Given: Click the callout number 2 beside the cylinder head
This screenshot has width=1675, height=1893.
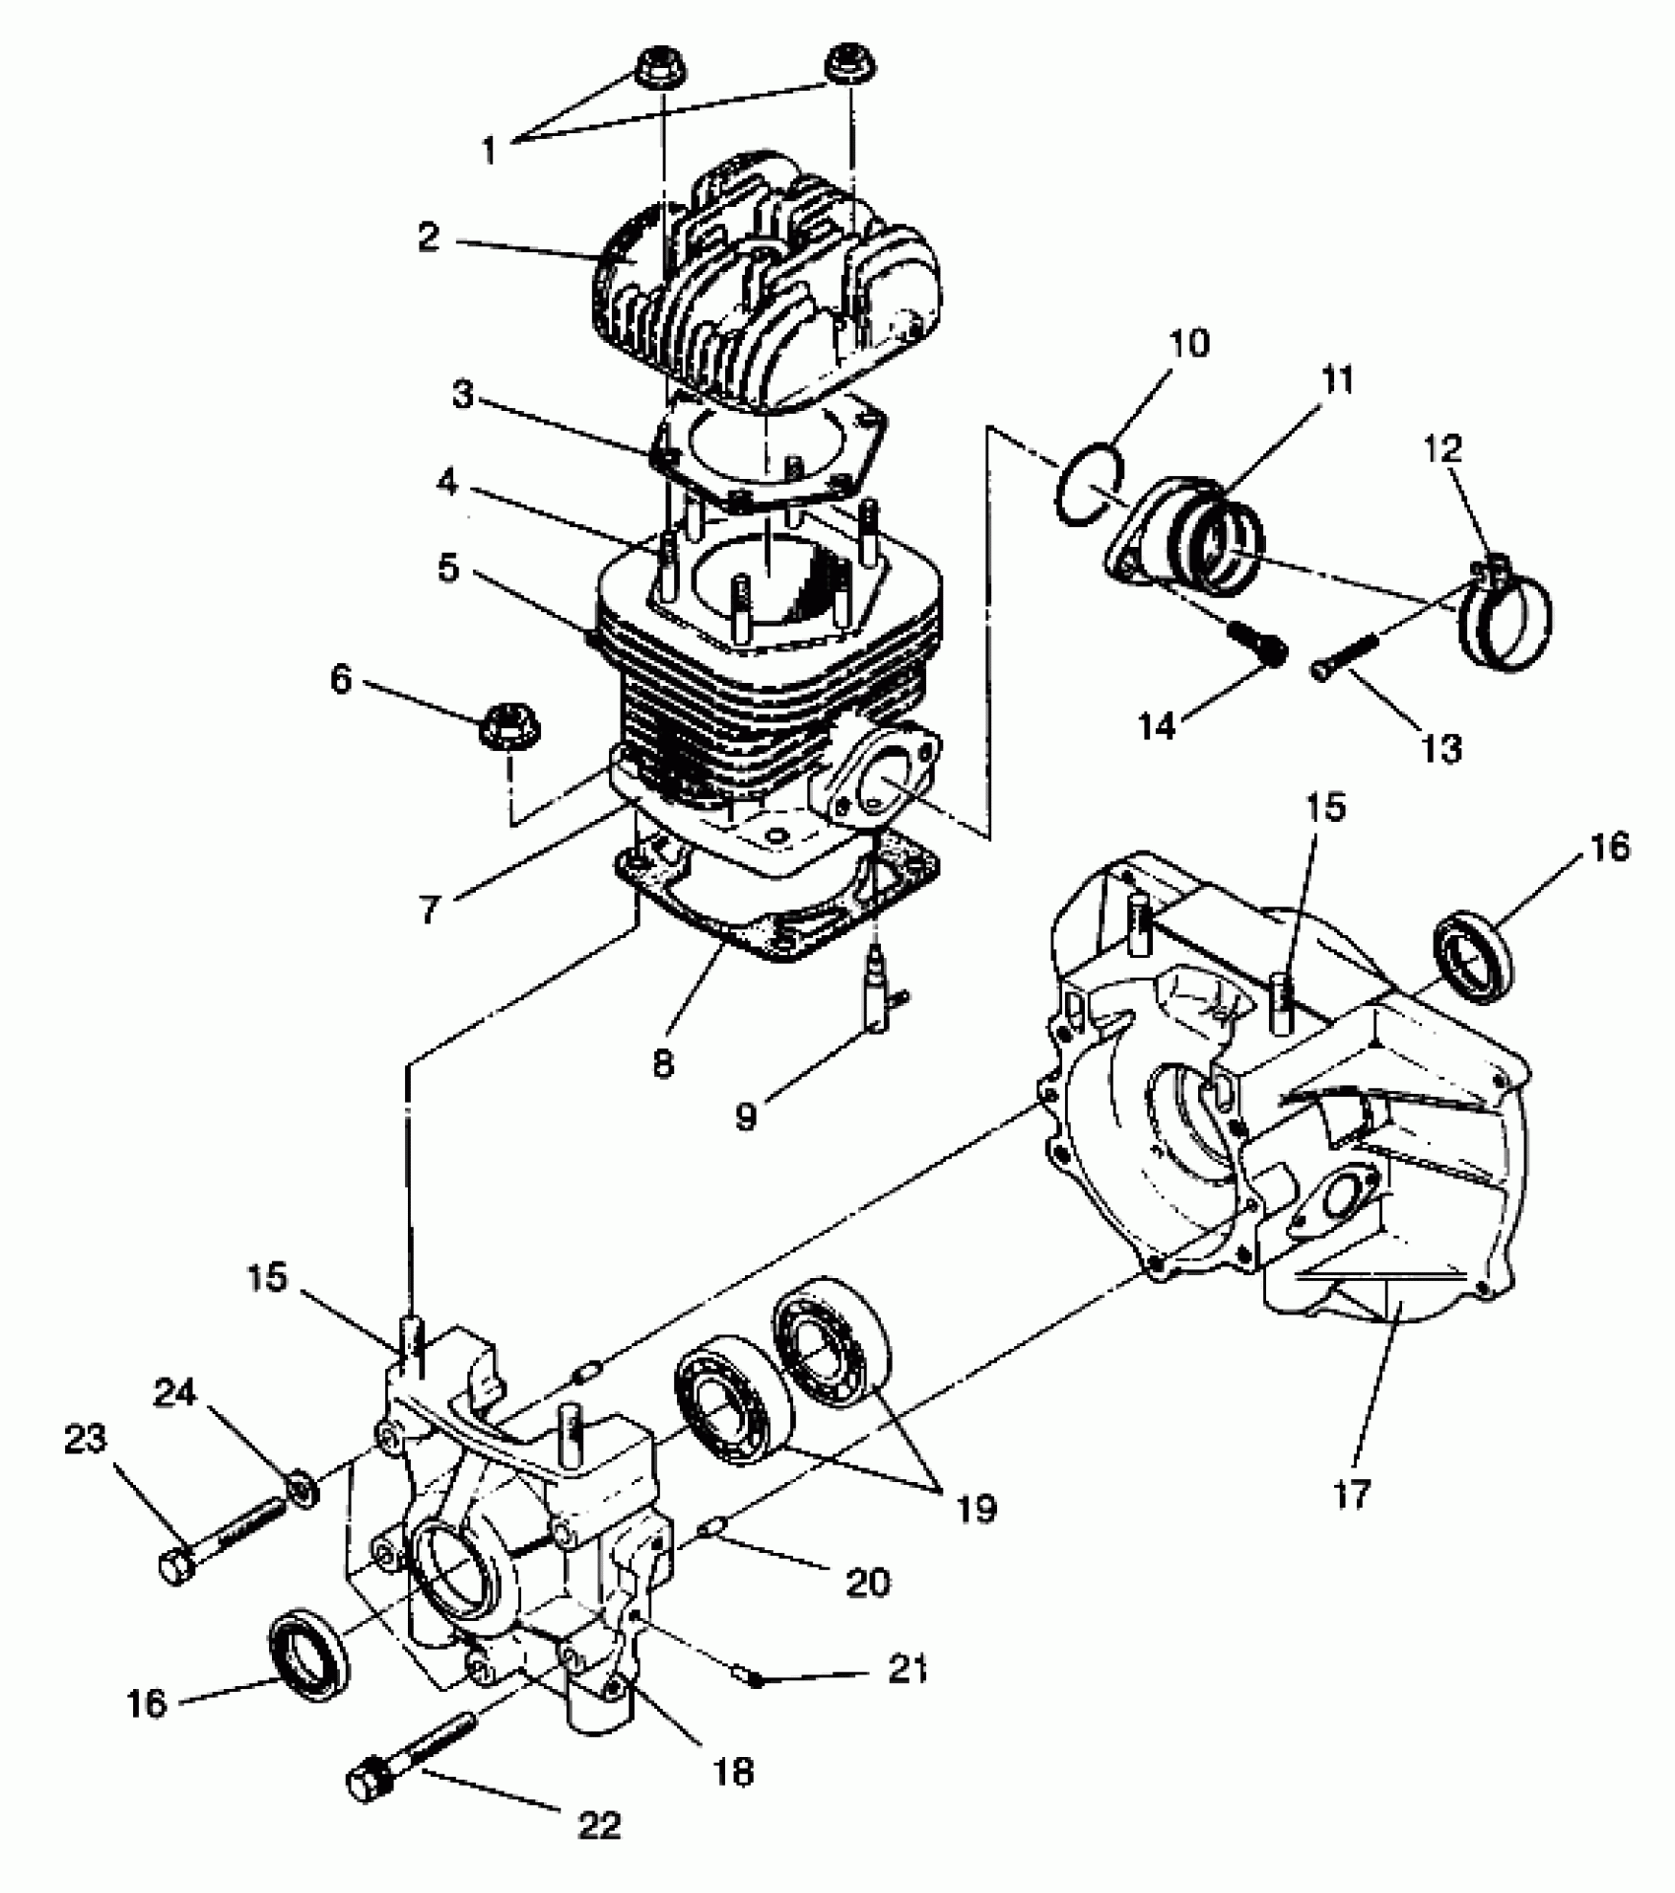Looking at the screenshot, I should (x=428, y=237).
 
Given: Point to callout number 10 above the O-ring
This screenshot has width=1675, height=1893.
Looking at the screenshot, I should (x=1189, y=344).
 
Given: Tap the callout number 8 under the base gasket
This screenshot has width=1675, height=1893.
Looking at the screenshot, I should (x=663, y=1063).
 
